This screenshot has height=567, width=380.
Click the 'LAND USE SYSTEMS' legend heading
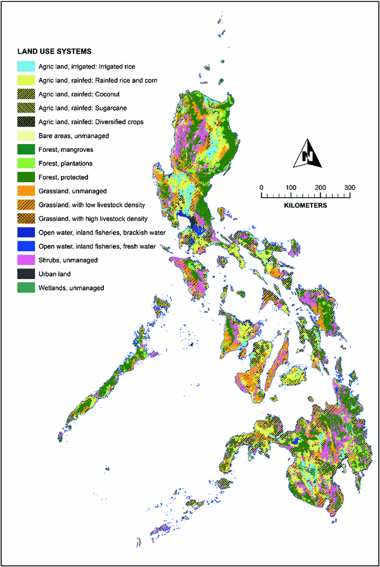pyautogui.click(x=55, y=51)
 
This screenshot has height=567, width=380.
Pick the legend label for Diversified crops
pyautogui.click(x=93, y=122)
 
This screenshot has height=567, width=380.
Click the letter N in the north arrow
pyautogui.click(x=308, y=156)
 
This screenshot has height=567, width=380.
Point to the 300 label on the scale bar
pyautogui.click(x=350, y=187)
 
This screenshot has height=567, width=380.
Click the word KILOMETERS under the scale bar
pyautogui.click(x=305, y=206)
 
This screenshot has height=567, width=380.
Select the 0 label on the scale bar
pyautogui.click(x=261, y=187)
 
